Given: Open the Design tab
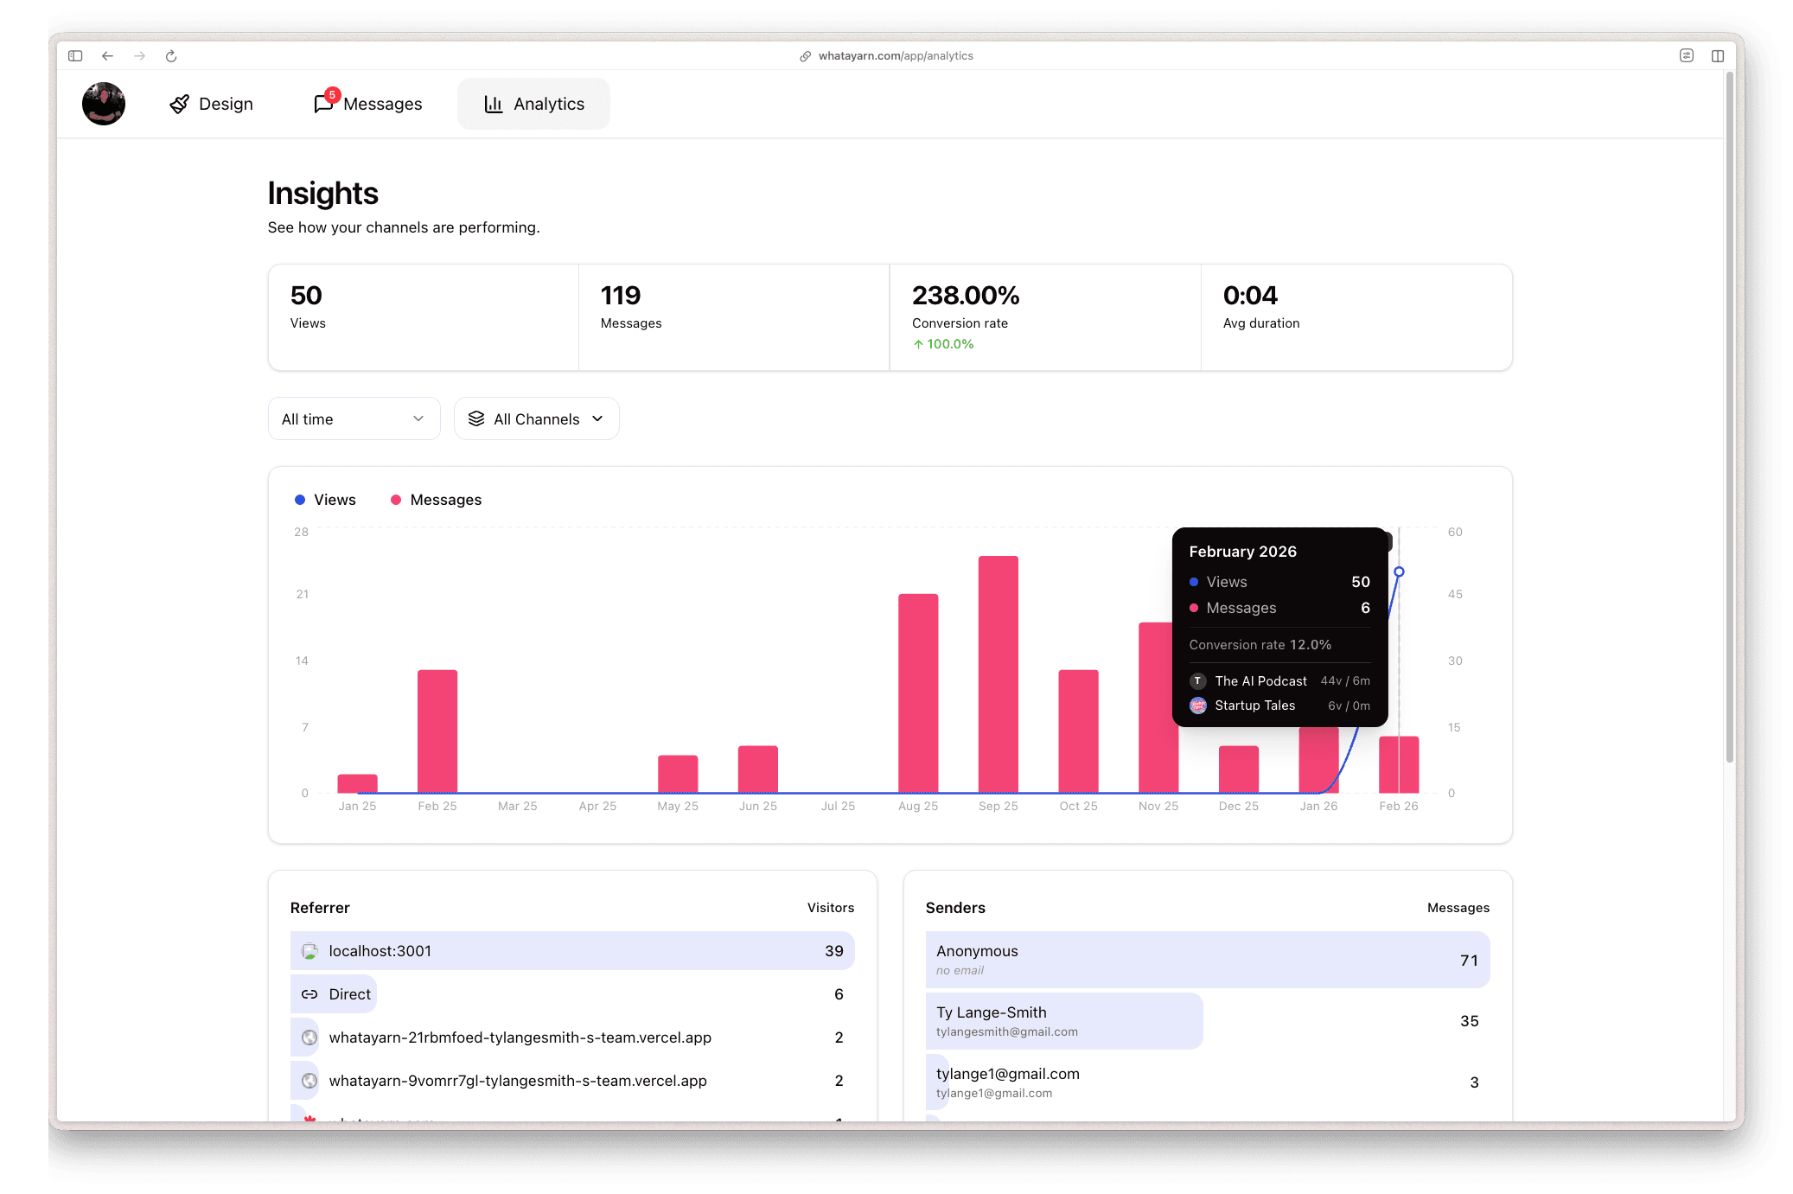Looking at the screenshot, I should pyautogui.click(x=212, y=104).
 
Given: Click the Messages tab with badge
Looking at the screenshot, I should pyautogui.click(x=369, y=104).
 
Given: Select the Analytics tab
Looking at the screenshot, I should pyautogui.click(x=533, y=104).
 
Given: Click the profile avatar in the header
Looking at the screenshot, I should pyautogui.click(x=104, y=104).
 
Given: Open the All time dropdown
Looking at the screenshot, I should pyautogui.click(x=354, y=419).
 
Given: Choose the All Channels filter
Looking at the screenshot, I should pyautogui.click(x=536, y=419).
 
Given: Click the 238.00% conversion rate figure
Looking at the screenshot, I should pyautogui.click(x=966, y=296).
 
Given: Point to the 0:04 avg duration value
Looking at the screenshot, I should pyautogui.click(x=1250, y=296).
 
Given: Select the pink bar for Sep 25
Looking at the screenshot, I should pyautogui.click(x=998, y=674).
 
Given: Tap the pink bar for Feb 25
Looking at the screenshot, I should pyautogui.click(x=437, y=731).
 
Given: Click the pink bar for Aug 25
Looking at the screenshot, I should pyautogui.click(x=918, y=692).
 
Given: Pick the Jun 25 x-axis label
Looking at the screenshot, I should pyautogui.click(x=757, y=806).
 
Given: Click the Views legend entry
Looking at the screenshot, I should pyautogui.click(x=325, y=500).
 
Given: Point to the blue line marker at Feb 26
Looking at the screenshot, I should pyautogui.click(x=1399, y=571).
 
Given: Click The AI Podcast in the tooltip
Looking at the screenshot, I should pyautogui.click(x=1260, y=681).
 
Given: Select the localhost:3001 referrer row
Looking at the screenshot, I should pyautogui.click(x=571, y=951).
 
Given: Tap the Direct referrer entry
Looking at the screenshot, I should pyautogui.click(x=349, y=994).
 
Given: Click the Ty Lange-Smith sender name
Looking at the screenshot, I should pyautogui.click(x=991, y=1012).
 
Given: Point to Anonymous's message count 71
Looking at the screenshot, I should pyautogui.click(x=1469, y=961).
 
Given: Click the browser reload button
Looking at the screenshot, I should pyautogui.click(x=171, y=56).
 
